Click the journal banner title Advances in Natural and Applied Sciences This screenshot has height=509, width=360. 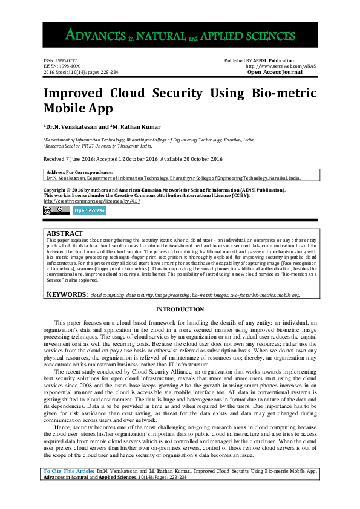click(x=180, y=35)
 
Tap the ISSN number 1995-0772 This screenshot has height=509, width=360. click(x=65, y=61)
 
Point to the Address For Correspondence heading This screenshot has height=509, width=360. click(x=79, y=173)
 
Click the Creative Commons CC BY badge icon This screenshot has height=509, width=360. click(x=56, y=210)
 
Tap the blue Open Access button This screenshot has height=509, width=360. click(x=90, y=210)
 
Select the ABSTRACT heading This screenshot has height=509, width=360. click(x=65, y=233)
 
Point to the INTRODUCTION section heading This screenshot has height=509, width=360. click(x=180, y=310)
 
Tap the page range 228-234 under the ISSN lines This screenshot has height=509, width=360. click(x=105, y=72)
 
